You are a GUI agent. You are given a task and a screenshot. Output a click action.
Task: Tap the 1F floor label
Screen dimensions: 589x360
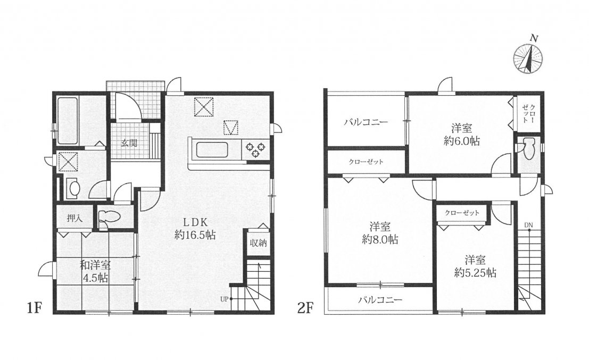tap(34, 308)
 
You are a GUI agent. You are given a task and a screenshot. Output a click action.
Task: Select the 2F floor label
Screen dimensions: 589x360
tap(306, 308)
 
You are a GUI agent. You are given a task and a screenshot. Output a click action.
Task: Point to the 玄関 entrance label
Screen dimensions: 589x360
tap(129, 143)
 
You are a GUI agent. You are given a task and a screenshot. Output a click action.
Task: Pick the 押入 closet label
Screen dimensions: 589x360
tap(74, 218)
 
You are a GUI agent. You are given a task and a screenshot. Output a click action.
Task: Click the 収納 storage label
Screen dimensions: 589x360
tap(259, 243)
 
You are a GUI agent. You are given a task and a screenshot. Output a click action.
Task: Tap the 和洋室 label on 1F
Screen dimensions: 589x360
tap(95, 265)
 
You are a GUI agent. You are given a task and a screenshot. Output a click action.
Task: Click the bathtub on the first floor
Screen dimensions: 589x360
tap(68, 121)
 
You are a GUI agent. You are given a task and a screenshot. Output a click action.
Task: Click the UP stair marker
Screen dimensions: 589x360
tap(225, 299)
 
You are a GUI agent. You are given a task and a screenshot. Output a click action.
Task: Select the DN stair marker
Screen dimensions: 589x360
tap(528, 225)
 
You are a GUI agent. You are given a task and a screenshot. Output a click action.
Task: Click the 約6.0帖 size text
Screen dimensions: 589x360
tap(462, 141)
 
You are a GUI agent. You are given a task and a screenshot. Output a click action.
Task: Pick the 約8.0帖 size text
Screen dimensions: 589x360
tap(380, 239)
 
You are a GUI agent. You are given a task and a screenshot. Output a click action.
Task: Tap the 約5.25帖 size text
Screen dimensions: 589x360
tap(475, 273)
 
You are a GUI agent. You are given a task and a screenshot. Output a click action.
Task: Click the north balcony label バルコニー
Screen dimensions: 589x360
tap(366, 122)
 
